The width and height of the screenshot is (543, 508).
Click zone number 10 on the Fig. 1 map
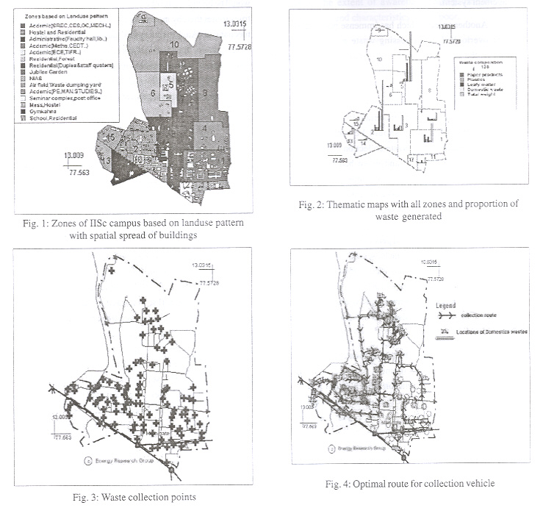[x=174, y=45]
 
